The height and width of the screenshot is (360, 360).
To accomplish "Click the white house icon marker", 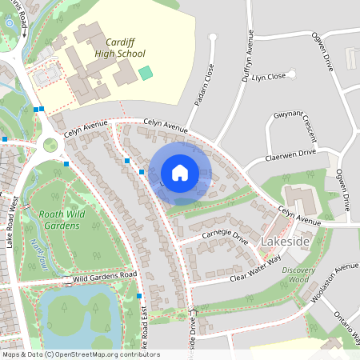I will coord(180,173).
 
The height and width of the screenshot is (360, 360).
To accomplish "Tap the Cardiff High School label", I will coord(120,47).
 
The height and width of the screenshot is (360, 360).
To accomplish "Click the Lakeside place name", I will coord(286,241).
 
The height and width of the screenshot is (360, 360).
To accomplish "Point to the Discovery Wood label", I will coord(298,274).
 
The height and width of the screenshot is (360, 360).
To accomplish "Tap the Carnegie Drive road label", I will coord(226,236).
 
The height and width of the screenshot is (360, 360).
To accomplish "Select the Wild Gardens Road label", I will coord(106,276).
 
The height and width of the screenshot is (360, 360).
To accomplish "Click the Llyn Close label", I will coord(269,77).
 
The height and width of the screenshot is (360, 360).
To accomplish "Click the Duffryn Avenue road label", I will coord(248,55).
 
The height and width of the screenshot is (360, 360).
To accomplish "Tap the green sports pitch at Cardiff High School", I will coord(145,73).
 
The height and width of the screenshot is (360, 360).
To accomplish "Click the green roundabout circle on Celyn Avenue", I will coord(50,145).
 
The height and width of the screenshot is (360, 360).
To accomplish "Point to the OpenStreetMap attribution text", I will coord(80,354).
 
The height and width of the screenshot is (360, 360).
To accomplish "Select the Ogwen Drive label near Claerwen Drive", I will coord(343,190).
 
